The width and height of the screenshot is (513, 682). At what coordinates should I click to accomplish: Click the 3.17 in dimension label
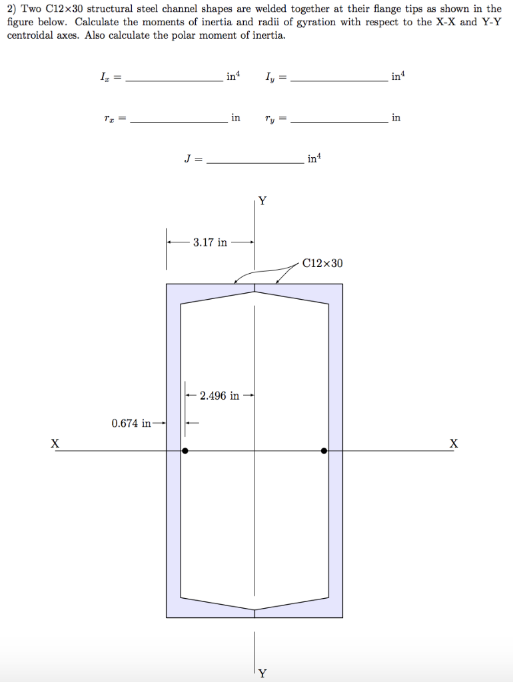coord(210,242)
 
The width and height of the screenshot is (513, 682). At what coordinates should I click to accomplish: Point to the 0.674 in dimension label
coord(131,422)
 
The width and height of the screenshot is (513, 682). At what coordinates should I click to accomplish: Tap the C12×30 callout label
coord(322,263)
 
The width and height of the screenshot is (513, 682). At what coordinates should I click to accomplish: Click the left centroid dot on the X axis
coord(185,451)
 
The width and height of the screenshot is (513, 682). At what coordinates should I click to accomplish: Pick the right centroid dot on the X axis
coord(324,451)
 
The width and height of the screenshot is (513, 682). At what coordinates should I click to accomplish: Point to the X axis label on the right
coord(454,443)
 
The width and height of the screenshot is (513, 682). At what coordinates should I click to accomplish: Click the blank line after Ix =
coord(174,80)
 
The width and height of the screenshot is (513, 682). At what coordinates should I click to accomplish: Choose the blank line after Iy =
coord(339,80)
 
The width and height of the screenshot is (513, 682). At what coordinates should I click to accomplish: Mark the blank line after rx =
coord(178,121)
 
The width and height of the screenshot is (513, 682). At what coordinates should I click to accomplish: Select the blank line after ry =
coord(339,121)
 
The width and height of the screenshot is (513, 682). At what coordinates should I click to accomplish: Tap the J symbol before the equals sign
coord(187,159)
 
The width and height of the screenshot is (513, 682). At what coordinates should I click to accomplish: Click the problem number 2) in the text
coord(13,9)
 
